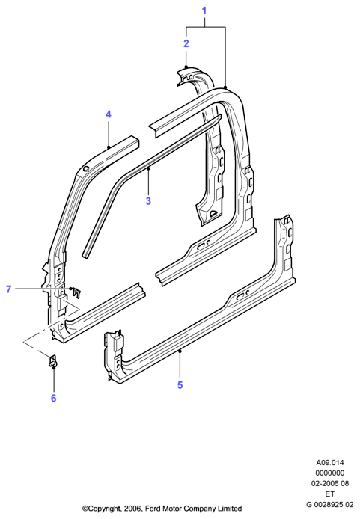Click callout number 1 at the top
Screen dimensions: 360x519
pyautogui.click(x=204, y=11)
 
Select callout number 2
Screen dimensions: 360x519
pyautogui.click(x=186, y=43)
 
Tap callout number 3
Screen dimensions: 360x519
pyautogui.click(x=148, y=200)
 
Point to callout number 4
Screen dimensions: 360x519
pyautogui.click(x=109, y=114)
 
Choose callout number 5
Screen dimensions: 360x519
pyautogui.click(x=180, y=385)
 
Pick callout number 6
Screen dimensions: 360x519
pyautogui.click(x=54, y=398)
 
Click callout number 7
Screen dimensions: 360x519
pyautogui.click(x=9, y=289)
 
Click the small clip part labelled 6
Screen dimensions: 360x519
pyautogui.click(x=52, y=361)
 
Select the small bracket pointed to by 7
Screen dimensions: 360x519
pyautogui.click(x=76, y=292)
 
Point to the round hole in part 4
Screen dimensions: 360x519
pyautogui.click(x=86, y=169)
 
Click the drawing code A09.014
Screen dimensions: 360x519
pyautogui.click(x=329, y=462)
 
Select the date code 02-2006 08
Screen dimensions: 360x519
pyautogui.click(x=330, y=483)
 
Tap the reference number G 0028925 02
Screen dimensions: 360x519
pyautogui.click(x=330, y=505)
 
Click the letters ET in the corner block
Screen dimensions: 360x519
pyautogui.click(x=330, y=494)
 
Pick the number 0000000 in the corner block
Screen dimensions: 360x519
pyautogui.click(x=330, y=473)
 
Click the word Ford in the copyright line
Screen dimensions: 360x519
pyautogui.click(x=153, y=508)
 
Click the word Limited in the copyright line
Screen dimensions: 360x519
pyautogui.click(x=230, y=508)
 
